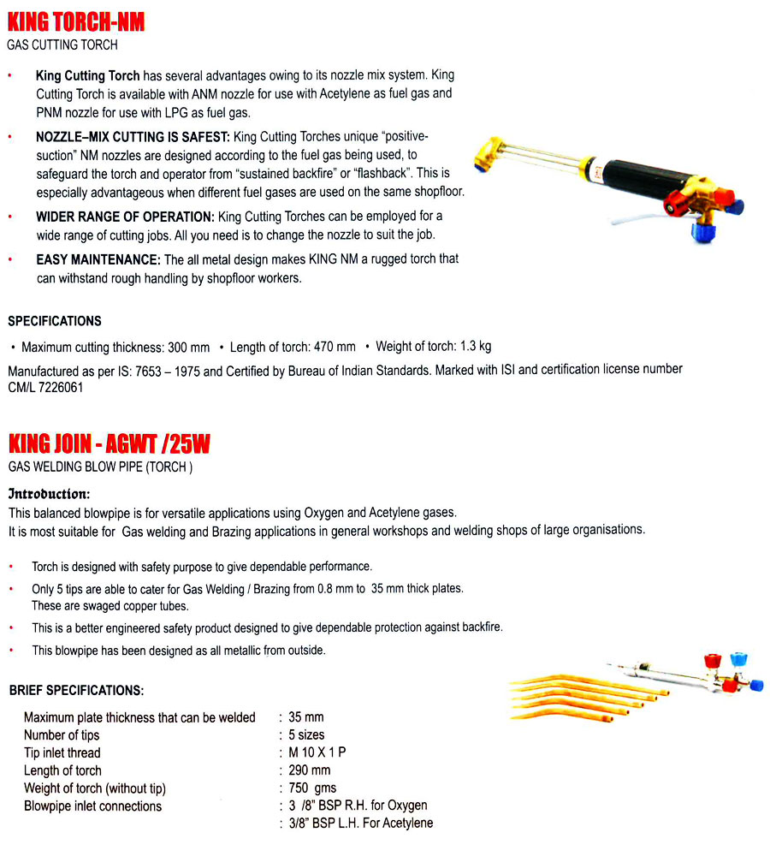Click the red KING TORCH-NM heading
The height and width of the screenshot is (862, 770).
pos(76,21)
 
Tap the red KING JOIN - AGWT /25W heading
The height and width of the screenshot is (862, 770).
pos(110,444)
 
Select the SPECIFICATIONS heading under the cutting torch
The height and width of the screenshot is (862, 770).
pos(55,321)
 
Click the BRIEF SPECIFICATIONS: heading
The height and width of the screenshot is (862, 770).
pos(76,690)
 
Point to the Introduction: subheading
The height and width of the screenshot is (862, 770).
pos(49,494)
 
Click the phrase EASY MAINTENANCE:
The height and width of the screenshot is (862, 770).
pos(98,259)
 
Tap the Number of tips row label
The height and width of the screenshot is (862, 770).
pos(62,734)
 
